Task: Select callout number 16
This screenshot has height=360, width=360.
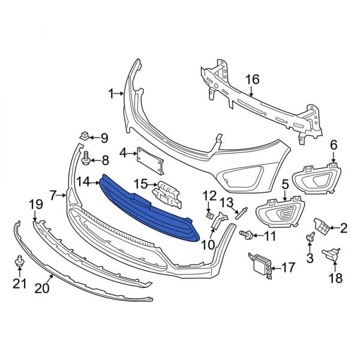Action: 251,79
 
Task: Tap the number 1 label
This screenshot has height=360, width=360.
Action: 110,93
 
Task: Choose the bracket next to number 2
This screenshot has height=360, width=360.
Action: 323,226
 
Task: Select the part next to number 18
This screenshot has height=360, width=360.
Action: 331,254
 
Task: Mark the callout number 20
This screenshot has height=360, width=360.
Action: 41,289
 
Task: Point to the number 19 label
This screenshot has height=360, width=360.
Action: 35,205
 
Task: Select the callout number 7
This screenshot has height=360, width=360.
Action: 53,195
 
